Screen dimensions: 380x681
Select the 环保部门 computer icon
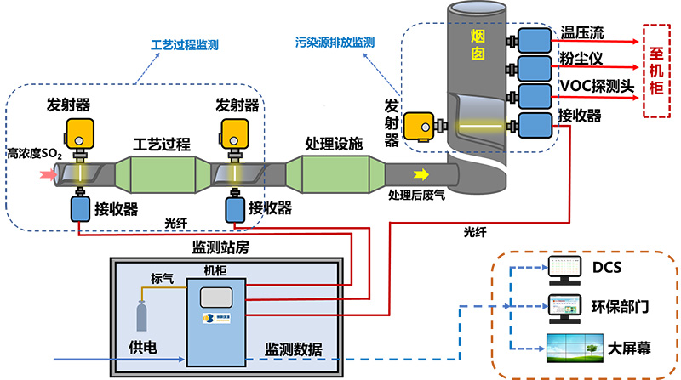pos(563,307)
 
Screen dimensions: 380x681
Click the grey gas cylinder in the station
pos(140,315)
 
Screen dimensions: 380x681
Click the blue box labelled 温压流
pos(535,40)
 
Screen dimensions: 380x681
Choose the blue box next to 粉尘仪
pos(535,67)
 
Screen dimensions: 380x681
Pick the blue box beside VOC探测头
pos(535,95)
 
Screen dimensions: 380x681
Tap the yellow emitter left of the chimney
pos(419,127)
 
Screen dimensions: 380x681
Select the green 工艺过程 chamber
pos(161,173)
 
